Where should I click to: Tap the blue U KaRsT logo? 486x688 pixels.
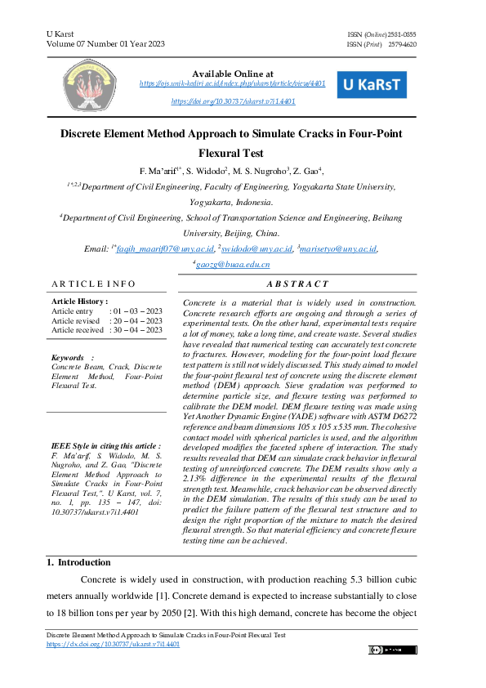[x=372, y=84]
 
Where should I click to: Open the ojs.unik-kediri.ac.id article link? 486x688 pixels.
[x=233, y=83]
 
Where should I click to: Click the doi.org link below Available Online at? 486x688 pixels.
[x=233, y=101]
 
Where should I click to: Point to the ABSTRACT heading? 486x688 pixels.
[x=297, y=284]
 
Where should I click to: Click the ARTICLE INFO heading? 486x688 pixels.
[x=94, y=284]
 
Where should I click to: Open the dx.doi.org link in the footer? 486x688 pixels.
[x=114, y=644]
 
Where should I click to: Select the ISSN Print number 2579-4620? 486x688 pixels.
[x=402, y=44]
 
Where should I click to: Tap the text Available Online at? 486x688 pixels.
[x=233, y=74]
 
